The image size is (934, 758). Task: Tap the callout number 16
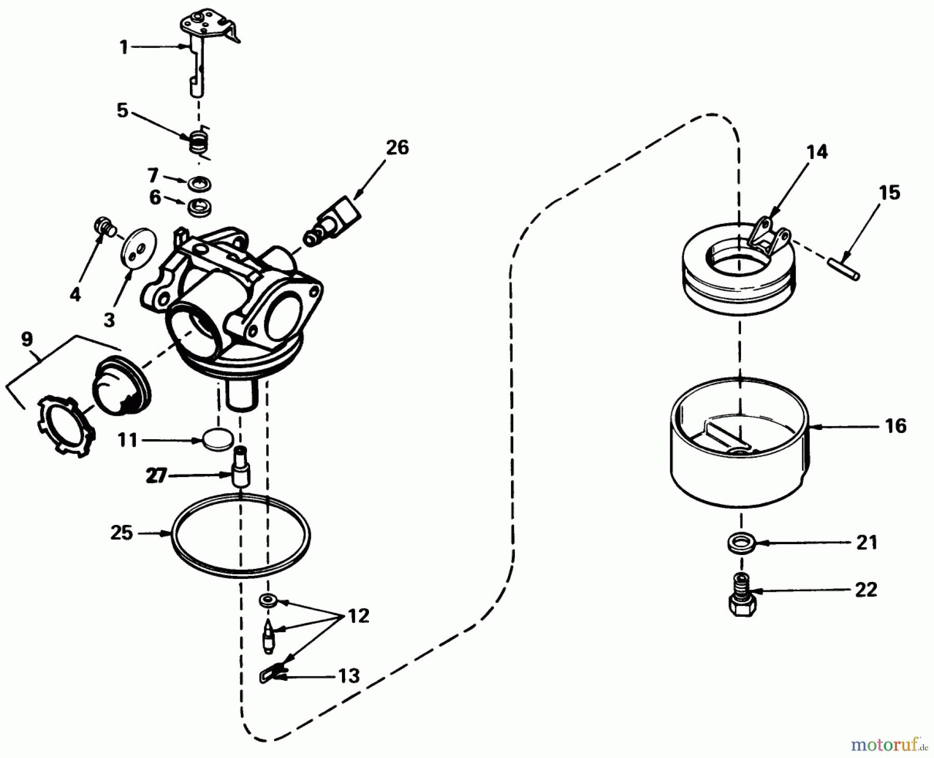pyautogui.click(x=896, y=426)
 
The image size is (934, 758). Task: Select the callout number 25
pyautogui.click(x=122, y=533)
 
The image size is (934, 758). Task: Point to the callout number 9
pyautogui.click(x=27, y=339)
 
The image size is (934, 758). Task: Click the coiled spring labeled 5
pyautogui.click(x=198, y=141)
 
